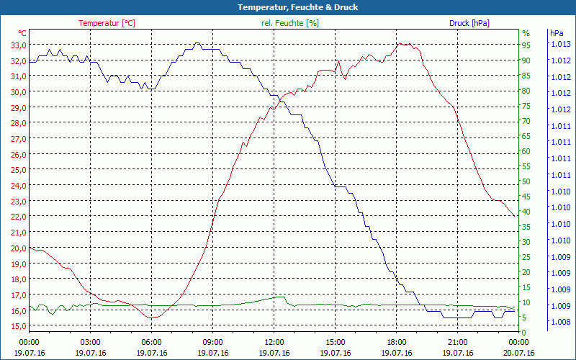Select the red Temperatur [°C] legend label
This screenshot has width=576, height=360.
(x=107, y=23)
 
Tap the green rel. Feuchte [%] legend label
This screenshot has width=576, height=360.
(x=290, y=23)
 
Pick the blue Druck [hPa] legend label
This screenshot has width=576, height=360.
(x=469, y=23)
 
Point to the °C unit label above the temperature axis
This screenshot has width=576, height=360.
(x=22, y=33)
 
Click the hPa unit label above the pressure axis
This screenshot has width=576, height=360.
(x=557, y=33)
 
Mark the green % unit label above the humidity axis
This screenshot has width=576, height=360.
(x=526, y=33)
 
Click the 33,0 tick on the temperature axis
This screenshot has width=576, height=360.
(x=19, y=45)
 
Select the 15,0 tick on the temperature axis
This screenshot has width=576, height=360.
(x=19, y=326)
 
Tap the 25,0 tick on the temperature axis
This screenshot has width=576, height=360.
(x=19, y=170)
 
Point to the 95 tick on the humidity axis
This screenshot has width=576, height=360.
(x=526, y=45)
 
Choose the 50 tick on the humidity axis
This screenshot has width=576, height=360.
(x=526, y=181)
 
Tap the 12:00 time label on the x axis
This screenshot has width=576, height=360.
(x=274, y=343)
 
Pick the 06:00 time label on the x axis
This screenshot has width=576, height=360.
(x=151, y=343)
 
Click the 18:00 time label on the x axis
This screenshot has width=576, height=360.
(x=396, y=343)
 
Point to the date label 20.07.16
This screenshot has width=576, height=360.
(x=519, y=353)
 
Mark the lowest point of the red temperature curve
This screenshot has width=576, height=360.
(x=152, y=318)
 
